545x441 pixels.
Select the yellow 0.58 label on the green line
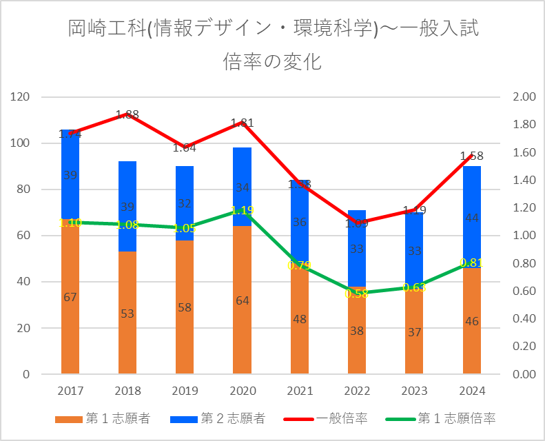[356, 294]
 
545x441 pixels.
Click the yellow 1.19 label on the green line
[242, 210]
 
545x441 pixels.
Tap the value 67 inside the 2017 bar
[70, 297]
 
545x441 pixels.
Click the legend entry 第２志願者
[223, 418]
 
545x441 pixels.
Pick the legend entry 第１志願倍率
[445, 418]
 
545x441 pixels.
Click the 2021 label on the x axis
[299, 391]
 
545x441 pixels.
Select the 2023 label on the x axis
[413, 391]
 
